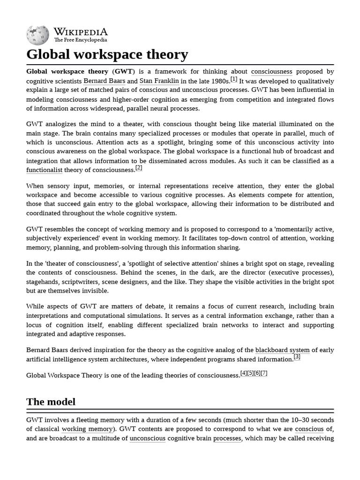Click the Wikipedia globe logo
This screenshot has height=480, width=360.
[37, 36]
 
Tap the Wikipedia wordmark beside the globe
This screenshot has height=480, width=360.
[80, 32]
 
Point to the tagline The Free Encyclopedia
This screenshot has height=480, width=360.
[80, 40]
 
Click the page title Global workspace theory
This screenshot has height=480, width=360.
[107, 54]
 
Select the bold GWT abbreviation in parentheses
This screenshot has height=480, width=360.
[124, 72]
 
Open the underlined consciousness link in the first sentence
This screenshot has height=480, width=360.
[271, 72]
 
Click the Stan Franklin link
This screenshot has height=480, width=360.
[159, 81]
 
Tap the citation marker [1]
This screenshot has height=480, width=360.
[234, 79]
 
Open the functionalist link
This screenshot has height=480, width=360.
[44, 170]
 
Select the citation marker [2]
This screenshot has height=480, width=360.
[139, 168]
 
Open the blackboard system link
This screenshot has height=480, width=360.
[282, 350]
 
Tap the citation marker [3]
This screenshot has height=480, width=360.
[297, 357]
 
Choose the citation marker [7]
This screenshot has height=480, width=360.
[264, 373]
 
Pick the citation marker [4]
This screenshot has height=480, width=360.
[244, 373]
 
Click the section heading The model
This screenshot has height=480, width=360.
[51, 402]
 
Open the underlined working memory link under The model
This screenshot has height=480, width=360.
[87, 429]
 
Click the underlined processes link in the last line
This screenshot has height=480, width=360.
[227, 438]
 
